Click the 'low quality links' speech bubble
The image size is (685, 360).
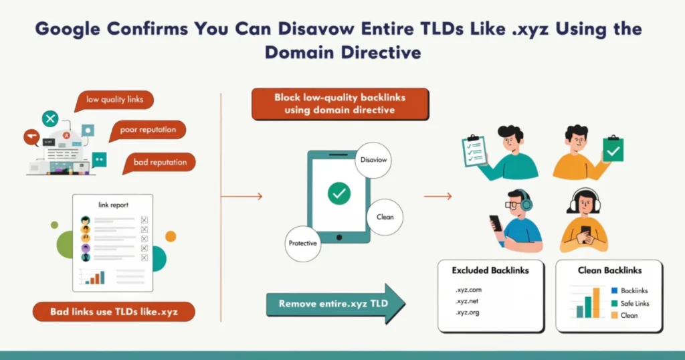click(114, 100)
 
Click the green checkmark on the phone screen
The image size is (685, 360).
click(339, 194)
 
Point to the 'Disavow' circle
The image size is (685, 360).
click(373, 160)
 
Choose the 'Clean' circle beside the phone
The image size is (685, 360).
click(385, 217)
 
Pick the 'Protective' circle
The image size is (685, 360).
click(303, 243)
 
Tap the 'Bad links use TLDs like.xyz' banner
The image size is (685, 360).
click(113, 312)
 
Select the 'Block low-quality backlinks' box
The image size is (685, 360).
click(339, 104)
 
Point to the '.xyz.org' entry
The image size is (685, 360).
click(468, 312)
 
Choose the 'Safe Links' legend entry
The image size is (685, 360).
click(634, 303)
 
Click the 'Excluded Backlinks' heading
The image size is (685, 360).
click(490, 271)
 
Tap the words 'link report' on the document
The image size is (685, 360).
click(113, 204)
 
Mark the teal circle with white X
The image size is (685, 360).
click(50, 119)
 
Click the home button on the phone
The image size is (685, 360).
click(339, 236)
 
